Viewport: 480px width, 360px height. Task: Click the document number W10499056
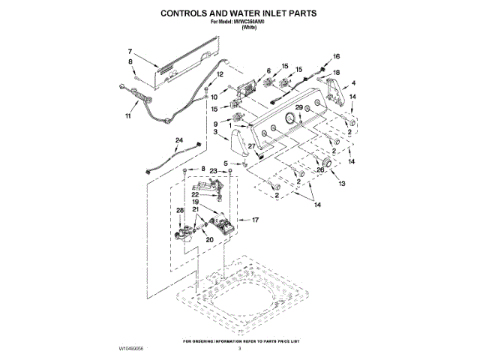click(x=133, y=349)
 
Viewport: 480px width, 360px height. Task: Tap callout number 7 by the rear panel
click(x=129, y=51)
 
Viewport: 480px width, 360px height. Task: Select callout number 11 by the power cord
click(x=127, y=117)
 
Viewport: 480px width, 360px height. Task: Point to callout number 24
click(x=178, y=140)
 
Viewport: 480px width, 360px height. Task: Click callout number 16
click(x=336, y=57)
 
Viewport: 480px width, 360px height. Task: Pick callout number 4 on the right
click(x=353, y=82)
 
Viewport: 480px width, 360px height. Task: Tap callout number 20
click(x=209, y=239)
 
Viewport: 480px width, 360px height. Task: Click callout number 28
click(x=179, y=211)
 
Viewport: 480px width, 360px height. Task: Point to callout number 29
click(x=298, y=108)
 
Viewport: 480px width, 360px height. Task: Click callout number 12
click(x=220, y=75)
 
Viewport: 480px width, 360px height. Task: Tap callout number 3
click(x=215, y=132)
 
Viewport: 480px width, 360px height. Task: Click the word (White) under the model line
click(x=240, y=26)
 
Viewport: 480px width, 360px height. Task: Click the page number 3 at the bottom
click(x=240, y=349)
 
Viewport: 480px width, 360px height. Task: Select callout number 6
click(x=268, y=70)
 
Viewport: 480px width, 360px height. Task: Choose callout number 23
click(x=212, y=171)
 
